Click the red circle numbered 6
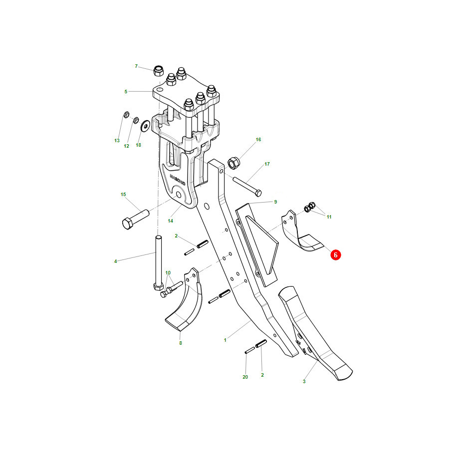point(336,254)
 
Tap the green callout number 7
point(136,66)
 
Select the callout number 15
point(123,195)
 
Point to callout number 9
point(275,202)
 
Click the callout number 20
point(245,377)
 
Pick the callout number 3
point(304,381)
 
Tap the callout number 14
point(171,221)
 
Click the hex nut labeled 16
point(234,163)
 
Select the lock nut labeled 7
point(158,71)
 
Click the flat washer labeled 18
point(146,125)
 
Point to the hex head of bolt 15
point(127,224)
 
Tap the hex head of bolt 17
point(258,193)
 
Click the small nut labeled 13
point(126,115)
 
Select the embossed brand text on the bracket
point(178,180)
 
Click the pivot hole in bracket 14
point(179,195)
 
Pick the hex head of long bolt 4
point(158,286)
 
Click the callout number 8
point(181,343)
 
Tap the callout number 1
point(225,340)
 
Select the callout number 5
point(126,92)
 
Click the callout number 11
point(329,217)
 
